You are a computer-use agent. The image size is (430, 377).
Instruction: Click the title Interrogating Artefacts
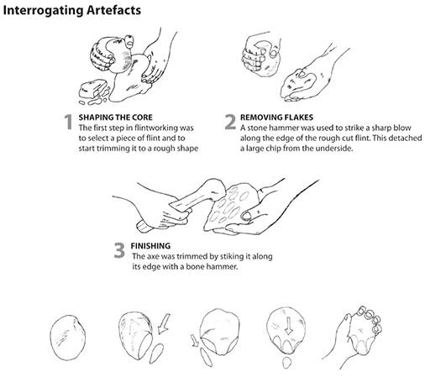coord(72,11)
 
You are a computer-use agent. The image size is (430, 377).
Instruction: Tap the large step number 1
coord(68,122)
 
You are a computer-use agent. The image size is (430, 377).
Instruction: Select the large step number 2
coord(230,122)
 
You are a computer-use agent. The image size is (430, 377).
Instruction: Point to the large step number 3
coord(119,250)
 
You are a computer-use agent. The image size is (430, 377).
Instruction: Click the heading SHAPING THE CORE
coord(116,118)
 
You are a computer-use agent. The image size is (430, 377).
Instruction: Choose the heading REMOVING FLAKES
coord(276,118)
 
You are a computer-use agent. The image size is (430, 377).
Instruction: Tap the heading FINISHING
coord(150,246)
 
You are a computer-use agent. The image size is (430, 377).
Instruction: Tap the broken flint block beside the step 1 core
coord(93,89)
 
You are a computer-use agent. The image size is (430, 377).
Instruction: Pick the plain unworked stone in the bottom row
coord(67,338)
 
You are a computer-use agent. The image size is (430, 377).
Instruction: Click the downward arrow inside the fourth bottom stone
coord(289,325)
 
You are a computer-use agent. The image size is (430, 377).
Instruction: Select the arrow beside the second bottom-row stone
coord(164,324)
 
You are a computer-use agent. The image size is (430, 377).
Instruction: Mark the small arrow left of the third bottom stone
coord(195,341)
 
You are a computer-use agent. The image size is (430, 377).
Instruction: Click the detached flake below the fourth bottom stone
coord(287,363)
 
